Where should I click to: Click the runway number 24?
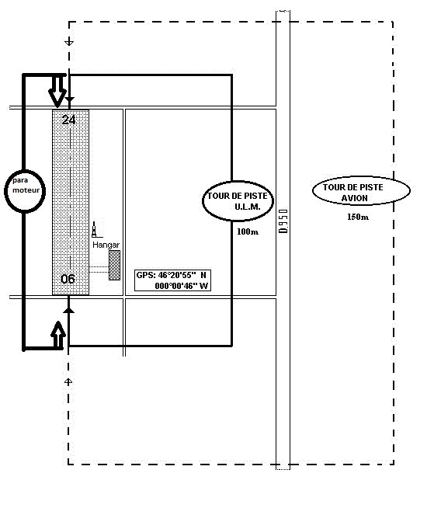click(x=68, y=120)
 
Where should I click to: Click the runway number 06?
click(x=68, y=279)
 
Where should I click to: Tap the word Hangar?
click(x=106, y=245)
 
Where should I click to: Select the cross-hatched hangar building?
click(x=114, y=265)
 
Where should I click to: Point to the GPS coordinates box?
click(x=172, y=280)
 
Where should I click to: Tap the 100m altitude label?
click(x=248, y=231)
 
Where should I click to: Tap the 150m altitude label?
click(x=358, y=217)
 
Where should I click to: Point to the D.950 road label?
click(x=283, y=221)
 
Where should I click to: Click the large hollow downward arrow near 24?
click(x=57, y=92)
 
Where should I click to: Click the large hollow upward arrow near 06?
click(x=58, y=335)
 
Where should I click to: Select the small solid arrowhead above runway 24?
click(x=70, y=99)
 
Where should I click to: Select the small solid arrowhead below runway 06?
click(x=68, y=311)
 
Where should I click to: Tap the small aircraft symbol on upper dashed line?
click(x=69, y=42)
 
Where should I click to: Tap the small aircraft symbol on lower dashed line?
click(x=68, y=382)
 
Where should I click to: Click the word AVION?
click(x=355, y=198)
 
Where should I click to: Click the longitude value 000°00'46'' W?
click(x=182, y=286)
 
